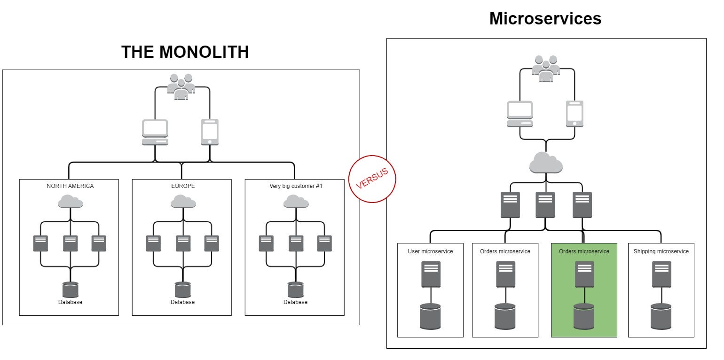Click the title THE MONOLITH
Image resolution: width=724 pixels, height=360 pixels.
point(185,52)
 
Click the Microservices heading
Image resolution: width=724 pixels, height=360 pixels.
point(545,19)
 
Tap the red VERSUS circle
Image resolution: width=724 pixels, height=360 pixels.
point(372,179)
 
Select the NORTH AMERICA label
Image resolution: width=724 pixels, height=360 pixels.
point(70,186)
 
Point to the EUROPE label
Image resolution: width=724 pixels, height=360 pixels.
point(182,186)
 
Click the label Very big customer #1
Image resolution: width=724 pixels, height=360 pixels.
point(296,186)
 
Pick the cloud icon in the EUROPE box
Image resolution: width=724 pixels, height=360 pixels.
point(183,202)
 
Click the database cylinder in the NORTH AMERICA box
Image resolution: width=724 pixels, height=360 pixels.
point(70,289)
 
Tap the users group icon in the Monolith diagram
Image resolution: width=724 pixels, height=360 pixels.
point(181,86)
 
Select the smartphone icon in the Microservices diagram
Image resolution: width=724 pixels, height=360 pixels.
point(574,114)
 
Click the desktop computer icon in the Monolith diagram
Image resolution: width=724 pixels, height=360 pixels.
point(155,132)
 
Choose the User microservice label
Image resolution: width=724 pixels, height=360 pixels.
point(430,251)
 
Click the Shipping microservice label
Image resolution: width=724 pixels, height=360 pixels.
point(661,251)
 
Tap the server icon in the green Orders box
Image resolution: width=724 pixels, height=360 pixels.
point(584,274)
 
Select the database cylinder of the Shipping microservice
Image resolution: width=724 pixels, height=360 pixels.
point(661,316)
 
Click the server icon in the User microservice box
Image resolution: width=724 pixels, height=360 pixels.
point(431,274)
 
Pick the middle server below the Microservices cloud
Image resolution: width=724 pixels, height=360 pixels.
point(545,204)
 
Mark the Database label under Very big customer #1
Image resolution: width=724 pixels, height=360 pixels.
point(295,302)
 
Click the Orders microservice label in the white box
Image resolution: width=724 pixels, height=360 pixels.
point(505,251)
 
